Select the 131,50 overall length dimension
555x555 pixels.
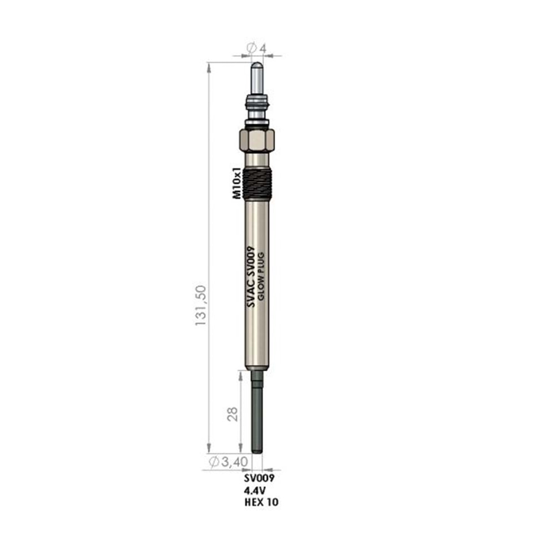coord(201,305)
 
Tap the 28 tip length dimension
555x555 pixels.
coord(232,414)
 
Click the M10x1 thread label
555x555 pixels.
coord(237,183)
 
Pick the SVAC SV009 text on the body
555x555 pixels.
coord(251,277)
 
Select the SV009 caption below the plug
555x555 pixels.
coord(259,478)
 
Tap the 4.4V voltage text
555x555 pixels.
coord(255,490)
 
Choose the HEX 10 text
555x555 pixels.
coord(261,502)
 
